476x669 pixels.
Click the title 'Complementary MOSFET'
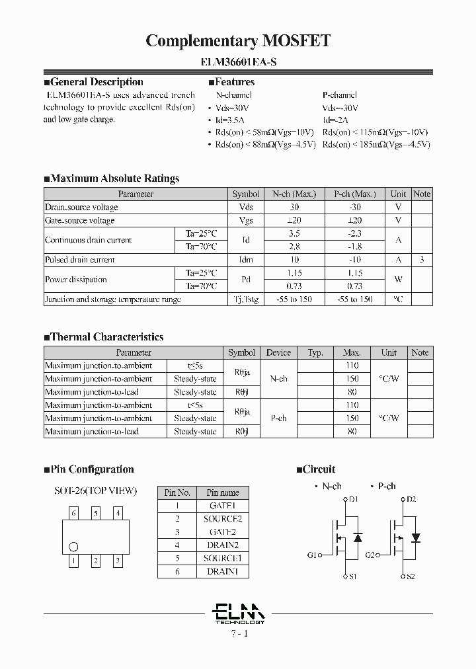pyautogui.click(x=238, y=41)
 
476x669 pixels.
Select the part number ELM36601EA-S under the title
pyautogui.click(x=238, y=63)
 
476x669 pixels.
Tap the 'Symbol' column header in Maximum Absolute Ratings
pyautogui.click(x=246, y=194)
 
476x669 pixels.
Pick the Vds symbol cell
pyautogui.click(x=246, y=207)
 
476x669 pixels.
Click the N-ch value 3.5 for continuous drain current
pyautogui.click(x=294, y=233)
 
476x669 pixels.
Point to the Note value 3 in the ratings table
pyautogui.click(x=421, y=260)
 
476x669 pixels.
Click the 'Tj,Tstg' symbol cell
pyautogui.click(x=246, y=299)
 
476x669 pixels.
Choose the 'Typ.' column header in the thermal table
pyautogui.click(x=315, y=352)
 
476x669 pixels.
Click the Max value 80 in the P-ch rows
pyautogui.click(x=352, y=432)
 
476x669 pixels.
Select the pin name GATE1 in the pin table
pyautogui.click(x=222, y=506)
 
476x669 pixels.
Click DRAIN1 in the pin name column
pyautogui.click(x=222, y=571)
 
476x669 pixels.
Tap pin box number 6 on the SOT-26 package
pyautogui.click(x=74, y=513)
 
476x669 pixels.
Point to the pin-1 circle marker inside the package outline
pyautogui.click(x=73, y=547)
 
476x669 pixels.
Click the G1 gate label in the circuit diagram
pyautogui.click(x=312, y=555)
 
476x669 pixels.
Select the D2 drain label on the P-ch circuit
pyautogui.click(x=411, y=499)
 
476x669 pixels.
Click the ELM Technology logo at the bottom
pyautogui.click(x=239, y=613)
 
